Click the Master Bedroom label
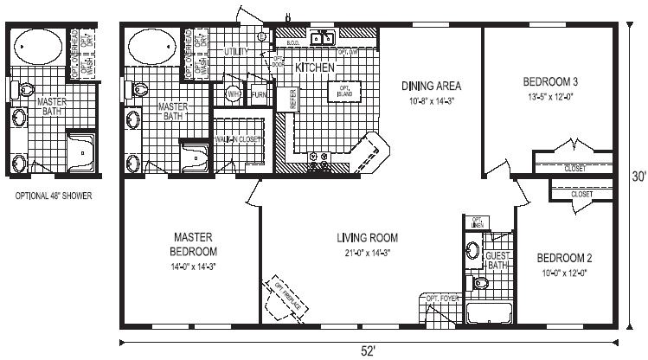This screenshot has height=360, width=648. click(187, 243)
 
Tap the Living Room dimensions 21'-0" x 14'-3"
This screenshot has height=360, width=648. click(366, 252)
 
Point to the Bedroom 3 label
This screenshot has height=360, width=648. click(550, 81)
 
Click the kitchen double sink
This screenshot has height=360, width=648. click(323, 37)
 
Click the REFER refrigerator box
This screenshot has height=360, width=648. click(293, 98)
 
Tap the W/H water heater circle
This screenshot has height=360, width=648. click(234, 93)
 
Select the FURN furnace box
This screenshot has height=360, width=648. click(257, 93)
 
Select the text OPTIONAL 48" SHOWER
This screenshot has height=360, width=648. click(54, 196)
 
